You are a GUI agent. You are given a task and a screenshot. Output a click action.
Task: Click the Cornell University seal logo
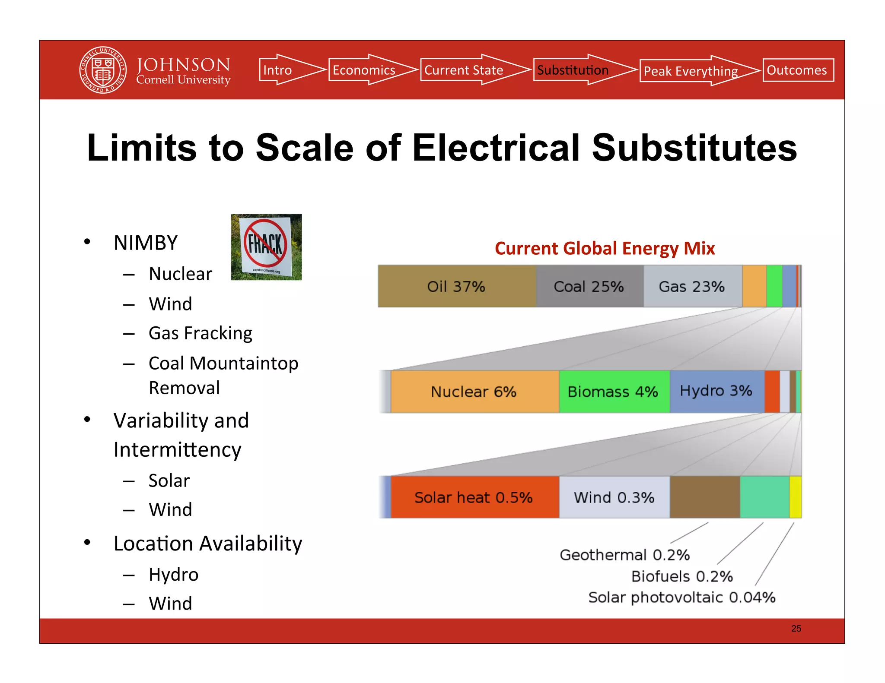103,70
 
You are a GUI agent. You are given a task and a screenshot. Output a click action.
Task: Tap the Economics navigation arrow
367,70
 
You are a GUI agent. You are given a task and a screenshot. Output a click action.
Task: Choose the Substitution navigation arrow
579,70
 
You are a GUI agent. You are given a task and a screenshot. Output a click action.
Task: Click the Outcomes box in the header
798,70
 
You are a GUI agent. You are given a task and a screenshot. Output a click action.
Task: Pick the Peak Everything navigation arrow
694,71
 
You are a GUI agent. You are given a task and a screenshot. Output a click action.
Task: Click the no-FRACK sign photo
266,247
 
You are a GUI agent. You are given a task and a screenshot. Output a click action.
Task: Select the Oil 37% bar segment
456,286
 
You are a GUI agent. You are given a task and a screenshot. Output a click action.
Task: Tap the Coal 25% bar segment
589,286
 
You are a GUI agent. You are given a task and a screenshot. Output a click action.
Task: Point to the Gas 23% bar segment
692,286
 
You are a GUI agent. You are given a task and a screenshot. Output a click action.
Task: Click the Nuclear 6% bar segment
474,392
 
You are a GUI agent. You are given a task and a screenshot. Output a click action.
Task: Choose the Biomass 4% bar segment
613,392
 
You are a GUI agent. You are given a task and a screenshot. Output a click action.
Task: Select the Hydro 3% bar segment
716,391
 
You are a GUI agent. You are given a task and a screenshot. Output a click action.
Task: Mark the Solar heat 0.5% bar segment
474,497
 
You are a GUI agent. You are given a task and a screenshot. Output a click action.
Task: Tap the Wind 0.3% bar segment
614,497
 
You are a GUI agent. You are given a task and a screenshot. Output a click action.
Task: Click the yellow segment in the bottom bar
795,497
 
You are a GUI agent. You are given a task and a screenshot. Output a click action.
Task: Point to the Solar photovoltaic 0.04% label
682,598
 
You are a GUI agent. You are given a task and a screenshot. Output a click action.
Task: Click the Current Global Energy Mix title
605,249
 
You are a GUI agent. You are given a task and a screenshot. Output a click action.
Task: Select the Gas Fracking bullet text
201,333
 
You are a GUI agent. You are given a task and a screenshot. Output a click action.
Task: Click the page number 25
796,629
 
